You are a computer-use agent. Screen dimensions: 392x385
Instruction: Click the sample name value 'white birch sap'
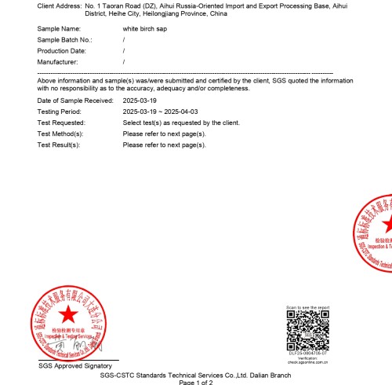tap(147, 27)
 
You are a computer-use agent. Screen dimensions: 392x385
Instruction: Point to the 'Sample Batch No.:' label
tap(64, 38)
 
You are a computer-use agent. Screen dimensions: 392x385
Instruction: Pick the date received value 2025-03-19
tap(140, 101)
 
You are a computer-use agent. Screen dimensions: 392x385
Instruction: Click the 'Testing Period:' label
tap(60, 112)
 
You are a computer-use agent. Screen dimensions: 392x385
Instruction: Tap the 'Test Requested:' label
tap(61, 123)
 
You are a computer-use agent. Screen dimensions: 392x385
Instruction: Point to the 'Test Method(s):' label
tap(60, 134)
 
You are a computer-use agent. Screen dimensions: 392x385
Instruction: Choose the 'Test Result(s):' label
tap(60, 145)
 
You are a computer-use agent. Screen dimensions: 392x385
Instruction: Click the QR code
tap(307, 329)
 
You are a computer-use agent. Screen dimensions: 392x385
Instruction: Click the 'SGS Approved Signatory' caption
tap(75, 365)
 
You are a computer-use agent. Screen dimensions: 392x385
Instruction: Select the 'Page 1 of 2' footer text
tap(195, 382)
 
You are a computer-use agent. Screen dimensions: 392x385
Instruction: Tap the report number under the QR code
tap(307, 354)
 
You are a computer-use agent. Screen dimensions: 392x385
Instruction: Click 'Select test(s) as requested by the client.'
tap(181, 123)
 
